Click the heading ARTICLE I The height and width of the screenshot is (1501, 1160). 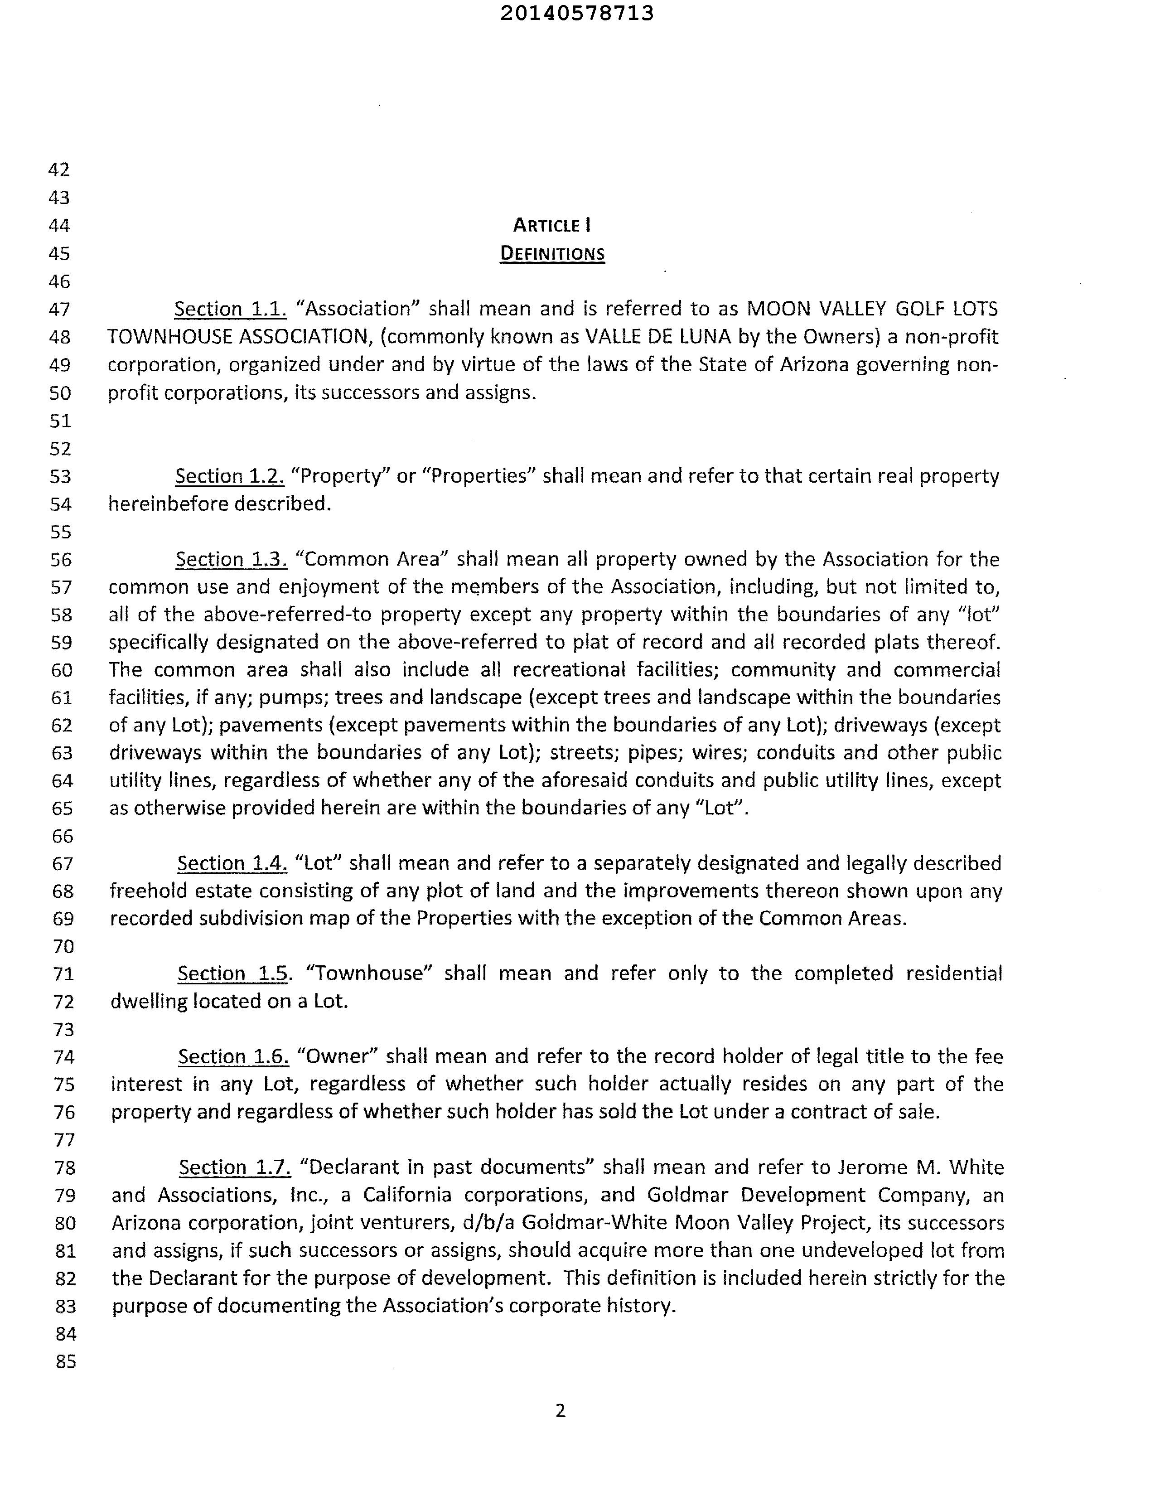[x=552, y=225]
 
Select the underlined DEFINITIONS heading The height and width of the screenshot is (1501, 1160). [x=552, y=254]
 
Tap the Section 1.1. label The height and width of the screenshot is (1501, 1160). [x=230, y=309]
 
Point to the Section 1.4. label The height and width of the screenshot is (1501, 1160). [x=232, y=863]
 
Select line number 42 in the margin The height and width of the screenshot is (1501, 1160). [x=59, y=170]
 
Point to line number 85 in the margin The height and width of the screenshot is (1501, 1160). [x=66, y=1361]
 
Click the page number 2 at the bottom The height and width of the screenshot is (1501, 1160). [x=560, y=1411]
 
